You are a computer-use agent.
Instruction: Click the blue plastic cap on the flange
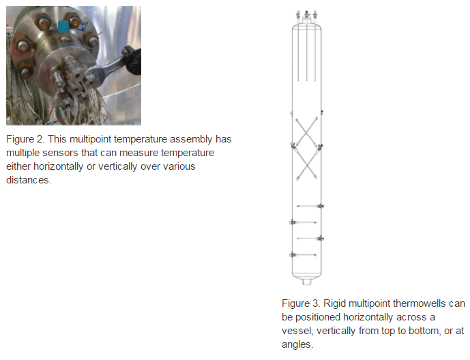coord(63,27)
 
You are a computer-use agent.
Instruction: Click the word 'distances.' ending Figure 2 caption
coord(29,179)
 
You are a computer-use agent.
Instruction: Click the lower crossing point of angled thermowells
coord(306,162)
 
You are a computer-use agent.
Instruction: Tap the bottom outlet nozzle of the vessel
coord(306,281)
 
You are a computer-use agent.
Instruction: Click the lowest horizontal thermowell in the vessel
coord(304,255)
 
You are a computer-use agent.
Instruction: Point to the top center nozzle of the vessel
coord(306,14)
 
